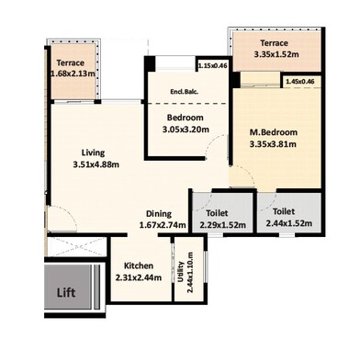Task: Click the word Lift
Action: pos(65,293)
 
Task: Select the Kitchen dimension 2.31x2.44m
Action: pos(139,277)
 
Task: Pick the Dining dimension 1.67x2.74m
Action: pos(163,225)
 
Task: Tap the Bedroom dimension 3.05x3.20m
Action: pos(187,130)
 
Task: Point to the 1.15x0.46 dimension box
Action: pos(212,66)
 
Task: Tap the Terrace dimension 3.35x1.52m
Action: pos(275,54)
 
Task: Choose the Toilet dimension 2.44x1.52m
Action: pos(288,222)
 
